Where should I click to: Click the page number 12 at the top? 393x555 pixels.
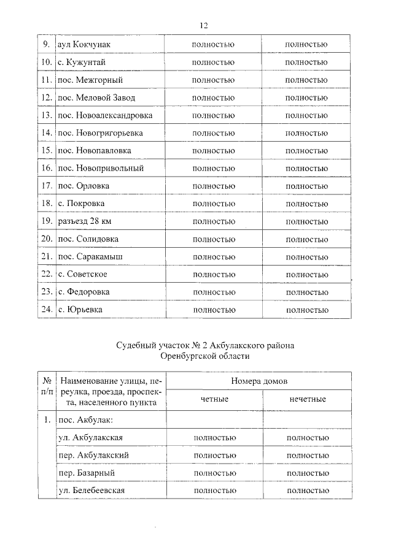[x=204, y=25]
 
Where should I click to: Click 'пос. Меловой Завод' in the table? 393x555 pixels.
[x=95, y=98]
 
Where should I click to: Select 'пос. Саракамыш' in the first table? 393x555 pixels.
[x=92, y=256]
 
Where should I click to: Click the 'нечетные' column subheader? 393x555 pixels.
[x=307, y=400]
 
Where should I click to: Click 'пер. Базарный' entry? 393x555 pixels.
[x=86, y=473]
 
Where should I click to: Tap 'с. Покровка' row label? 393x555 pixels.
[x=80, y=204]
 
